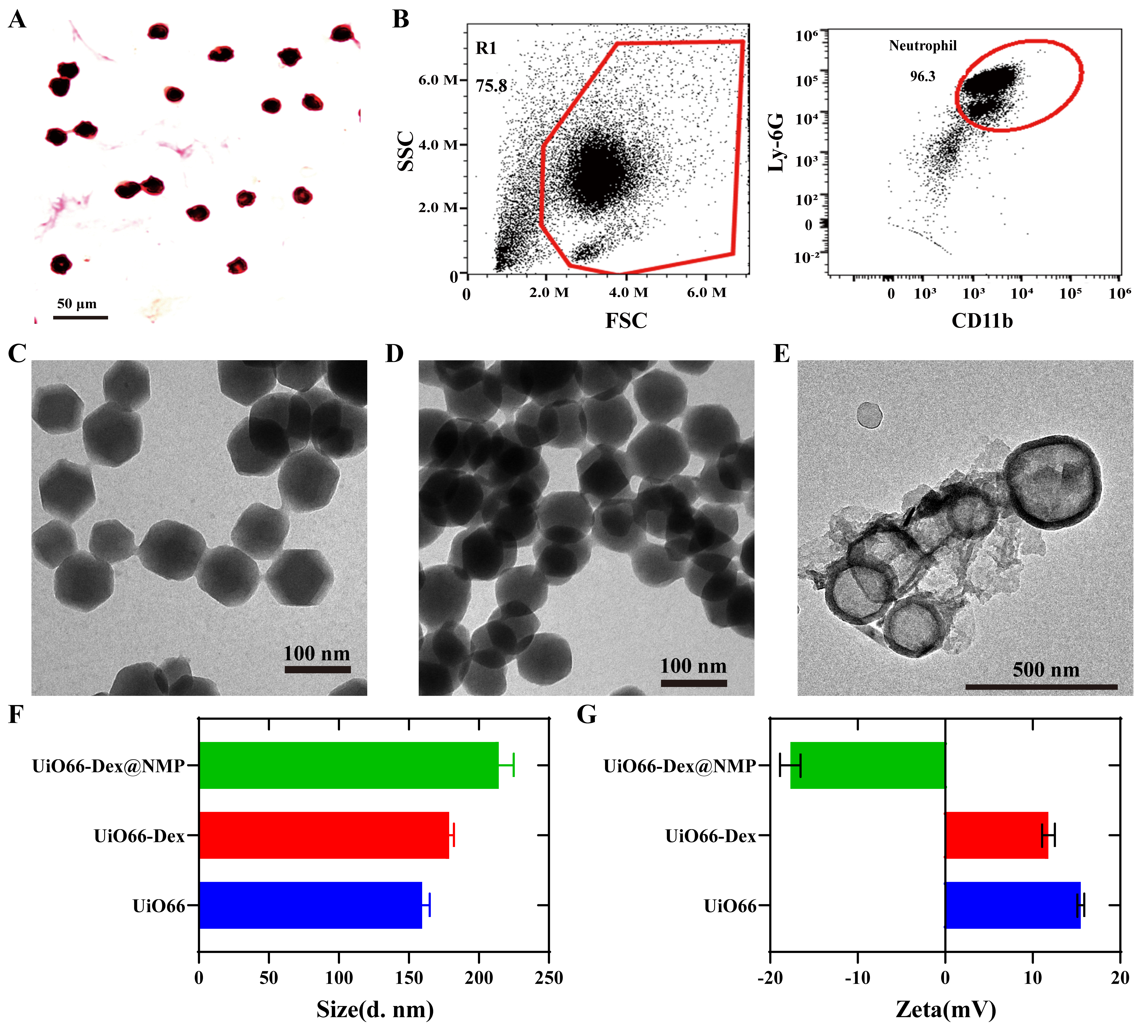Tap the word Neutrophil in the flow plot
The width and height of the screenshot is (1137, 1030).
[923, 46]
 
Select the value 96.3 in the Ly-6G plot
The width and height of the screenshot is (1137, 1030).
[923, 76]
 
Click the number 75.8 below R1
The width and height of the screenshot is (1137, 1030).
[491, 86]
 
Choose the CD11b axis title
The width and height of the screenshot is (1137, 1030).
[982, 321]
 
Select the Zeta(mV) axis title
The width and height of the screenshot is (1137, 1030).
[946, 1009]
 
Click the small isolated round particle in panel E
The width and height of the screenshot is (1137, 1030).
[869, 416]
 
